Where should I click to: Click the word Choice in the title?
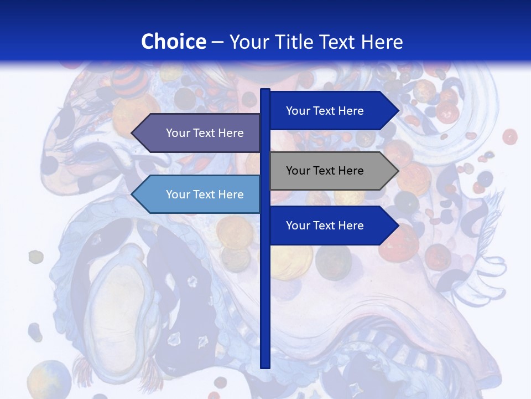[173, 42]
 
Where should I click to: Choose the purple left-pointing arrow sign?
[196, 133]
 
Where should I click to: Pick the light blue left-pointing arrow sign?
[196, 195]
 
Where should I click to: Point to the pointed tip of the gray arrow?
[398, 171]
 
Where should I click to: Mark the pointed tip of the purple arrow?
[132, 133]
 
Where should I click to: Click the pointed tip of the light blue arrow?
[132, 195]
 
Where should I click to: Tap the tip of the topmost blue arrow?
[398, 111]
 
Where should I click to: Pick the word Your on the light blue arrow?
[178, 195]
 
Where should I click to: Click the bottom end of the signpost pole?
[265, 366]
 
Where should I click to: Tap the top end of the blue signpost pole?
[265, 91]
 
